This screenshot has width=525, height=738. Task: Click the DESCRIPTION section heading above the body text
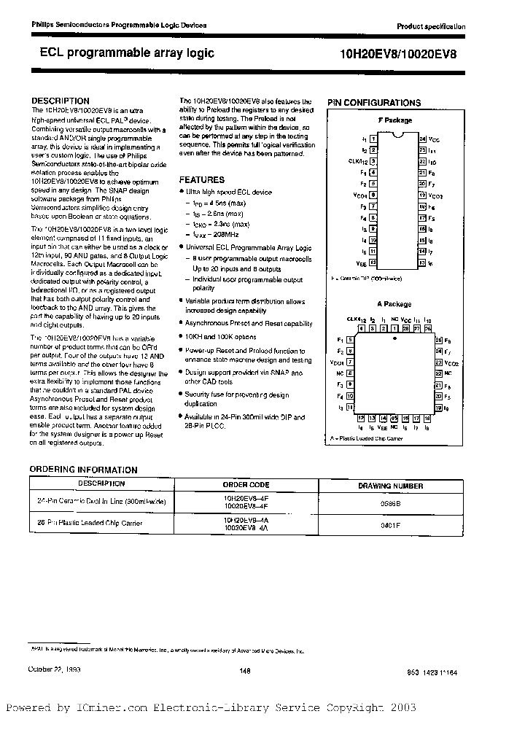[x=61, y=101]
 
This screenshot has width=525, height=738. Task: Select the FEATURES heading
[x=202, y=179]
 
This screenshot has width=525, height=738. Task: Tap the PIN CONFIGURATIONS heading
[x=374, y=103]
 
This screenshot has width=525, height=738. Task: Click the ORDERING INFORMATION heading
[x=83, y=470]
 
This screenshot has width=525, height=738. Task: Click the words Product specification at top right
[x=430, y=26]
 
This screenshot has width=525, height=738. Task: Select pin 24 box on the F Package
[x=422, y=139]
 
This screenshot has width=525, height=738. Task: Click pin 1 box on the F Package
[x=373, y=139]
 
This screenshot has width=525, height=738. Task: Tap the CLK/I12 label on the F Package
[x=357, y=161]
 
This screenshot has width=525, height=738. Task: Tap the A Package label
[x=394, y=304]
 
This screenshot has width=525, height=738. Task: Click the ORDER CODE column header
[x=246, y=485]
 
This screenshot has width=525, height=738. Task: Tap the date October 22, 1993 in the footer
[x=55, y=670]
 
